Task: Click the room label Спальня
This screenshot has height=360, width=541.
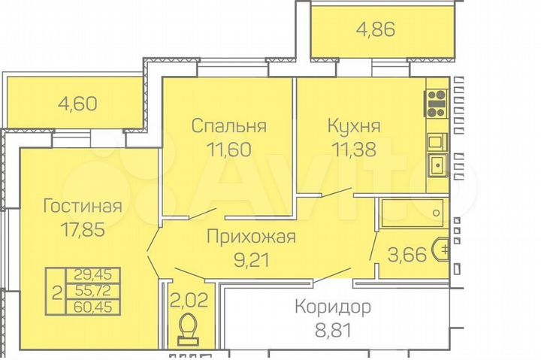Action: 229,125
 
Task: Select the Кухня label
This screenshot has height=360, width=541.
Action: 353,125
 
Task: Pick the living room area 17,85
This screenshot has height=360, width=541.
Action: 83,228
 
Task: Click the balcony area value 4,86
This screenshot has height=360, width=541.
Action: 374,31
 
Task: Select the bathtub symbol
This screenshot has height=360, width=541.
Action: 413,213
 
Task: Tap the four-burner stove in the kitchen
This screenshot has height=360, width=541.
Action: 436,101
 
